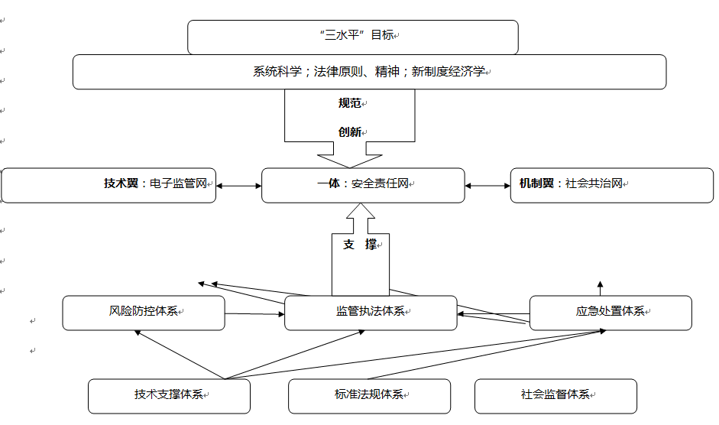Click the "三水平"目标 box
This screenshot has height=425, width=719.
click(x=352, y=37)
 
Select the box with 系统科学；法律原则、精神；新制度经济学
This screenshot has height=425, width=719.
click(x=369, y=72)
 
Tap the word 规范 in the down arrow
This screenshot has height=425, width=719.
click(x=349, y=102)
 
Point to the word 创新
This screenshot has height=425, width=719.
click(x=349, y=131)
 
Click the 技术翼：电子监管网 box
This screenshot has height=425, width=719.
click(x=108, y=185)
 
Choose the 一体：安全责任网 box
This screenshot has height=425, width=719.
click(x=363, y=185)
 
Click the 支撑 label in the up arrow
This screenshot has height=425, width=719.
click(x=360, y=245)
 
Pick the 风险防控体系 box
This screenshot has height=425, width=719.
click(x=144, y=313)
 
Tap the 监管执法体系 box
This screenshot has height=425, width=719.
click(x=371, y=313)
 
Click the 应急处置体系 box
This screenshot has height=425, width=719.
click(x=610, y=313)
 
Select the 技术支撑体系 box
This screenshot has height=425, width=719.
click(x=169, y=396)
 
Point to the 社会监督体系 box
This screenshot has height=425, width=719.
click(x=555, y=396)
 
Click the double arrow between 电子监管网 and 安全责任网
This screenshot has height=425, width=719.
click(x=238, y=185)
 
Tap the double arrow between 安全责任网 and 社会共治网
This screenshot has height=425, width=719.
click(x=487, y=185)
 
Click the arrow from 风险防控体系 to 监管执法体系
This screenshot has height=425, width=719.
click(x=254, y=313)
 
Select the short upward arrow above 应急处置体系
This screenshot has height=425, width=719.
click(x=600, y=287)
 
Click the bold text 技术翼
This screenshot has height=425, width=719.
click(x=121, y=184)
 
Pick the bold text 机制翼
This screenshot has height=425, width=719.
click(x=536, y=184)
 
